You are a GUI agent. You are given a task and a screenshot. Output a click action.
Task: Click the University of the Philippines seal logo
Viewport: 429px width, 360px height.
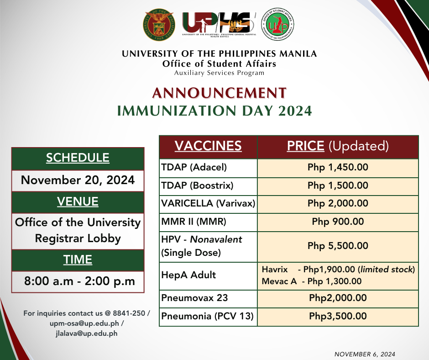pyautogui.click(x=159, y=25)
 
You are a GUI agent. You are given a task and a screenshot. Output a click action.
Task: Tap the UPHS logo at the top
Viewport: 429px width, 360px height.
pyautogui.click(x=219, y=24)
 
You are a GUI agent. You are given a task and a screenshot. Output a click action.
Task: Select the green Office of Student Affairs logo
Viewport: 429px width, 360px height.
pyautogui.click(x=277, y=24)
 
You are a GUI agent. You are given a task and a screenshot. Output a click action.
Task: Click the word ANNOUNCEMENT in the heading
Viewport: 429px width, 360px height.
pyautogui.click(x=219, y=93)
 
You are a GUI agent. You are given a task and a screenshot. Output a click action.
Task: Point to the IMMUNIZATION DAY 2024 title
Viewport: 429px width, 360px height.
pyautogui.click(x=214, y=111)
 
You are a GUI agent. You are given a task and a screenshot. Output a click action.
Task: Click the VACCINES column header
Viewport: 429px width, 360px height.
pyautogui.click(x=208, y=145)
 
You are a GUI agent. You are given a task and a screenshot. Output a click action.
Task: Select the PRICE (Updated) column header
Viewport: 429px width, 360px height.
pyautogui.click(x=338, y=146)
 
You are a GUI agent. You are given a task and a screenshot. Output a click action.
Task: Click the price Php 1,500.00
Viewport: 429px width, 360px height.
pyautogui.click(x=338, y=185)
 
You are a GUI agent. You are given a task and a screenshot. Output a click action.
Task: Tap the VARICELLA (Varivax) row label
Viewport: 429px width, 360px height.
pyautogui.click(x=208, y=203)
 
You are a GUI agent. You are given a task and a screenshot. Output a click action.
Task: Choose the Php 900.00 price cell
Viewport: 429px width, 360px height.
pyautogui.click(x=338, y=222)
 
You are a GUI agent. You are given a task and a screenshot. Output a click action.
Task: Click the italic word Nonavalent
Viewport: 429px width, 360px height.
pyautogui.click(x=216, y=239)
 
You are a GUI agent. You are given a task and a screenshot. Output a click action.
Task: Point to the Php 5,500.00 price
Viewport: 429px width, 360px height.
pyautogui.click(x=338, y=246)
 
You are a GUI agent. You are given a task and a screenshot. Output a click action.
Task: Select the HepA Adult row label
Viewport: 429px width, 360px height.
pyautogui.click(x=188, y=275)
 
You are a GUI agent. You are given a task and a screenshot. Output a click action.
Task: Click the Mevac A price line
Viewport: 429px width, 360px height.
pyautogui.click(x=312, y=281)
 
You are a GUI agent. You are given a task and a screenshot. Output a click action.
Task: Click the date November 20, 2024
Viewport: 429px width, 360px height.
pyautogui.click(x=78, y=180)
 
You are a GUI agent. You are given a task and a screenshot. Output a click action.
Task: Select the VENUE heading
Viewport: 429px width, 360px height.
pyautogui.click(x=78, y=201)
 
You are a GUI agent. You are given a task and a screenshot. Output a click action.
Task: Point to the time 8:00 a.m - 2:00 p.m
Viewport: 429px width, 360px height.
pyautogui.click(x=79, y=281)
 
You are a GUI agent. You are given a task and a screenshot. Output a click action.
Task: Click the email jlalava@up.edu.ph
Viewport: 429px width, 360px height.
pyautogui.click(x=86, y=334)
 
